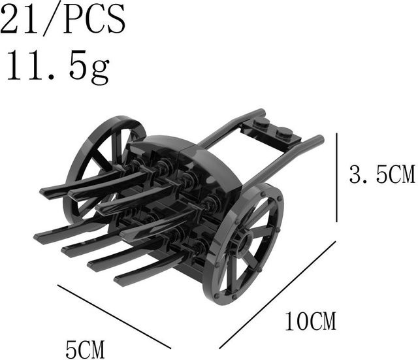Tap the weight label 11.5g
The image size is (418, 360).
click(x=58, y=67)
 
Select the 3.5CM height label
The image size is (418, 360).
click(x=381, y=174)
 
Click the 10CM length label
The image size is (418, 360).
click(x=311, y=321)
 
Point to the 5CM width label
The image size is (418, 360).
click(x=85, y=350)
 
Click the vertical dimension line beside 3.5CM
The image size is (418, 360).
click(x=337, y=177)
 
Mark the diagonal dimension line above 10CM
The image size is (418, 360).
click(x=277, y=295)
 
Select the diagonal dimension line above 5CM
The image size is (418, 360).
click(x=114, y=316)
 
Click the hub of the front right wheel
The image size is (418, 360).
click(x=244, y=241)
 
